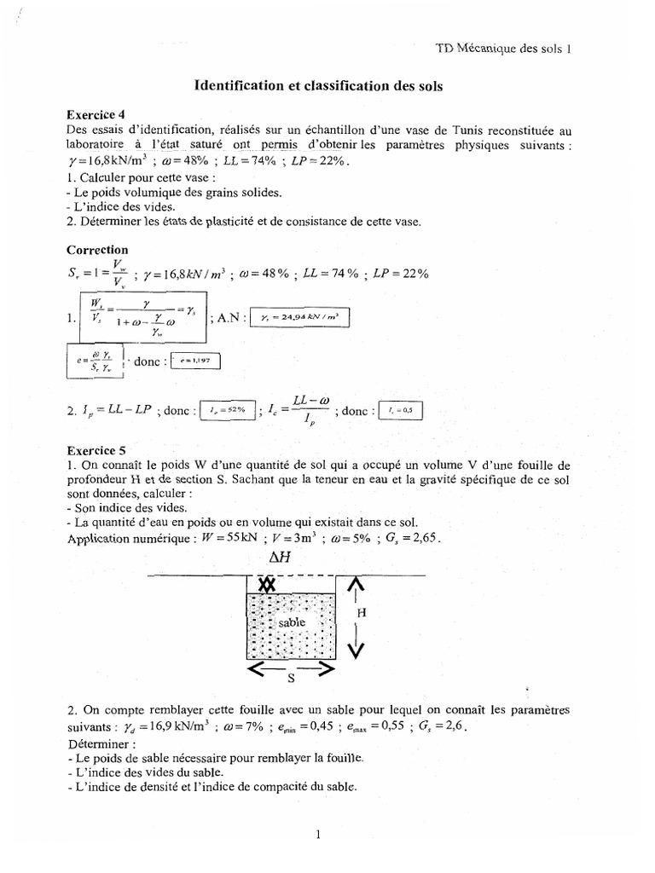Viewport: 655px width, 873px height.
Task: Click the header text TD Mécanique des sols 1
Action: coord(502,49)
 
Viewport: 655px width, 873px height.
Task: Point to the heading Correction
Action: coord(96,251)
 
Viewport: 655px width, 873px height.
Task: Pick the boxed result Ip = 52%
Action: coord(228,410)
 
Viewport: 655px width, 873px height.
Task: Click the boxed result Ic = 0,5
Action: coord(399,410)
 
